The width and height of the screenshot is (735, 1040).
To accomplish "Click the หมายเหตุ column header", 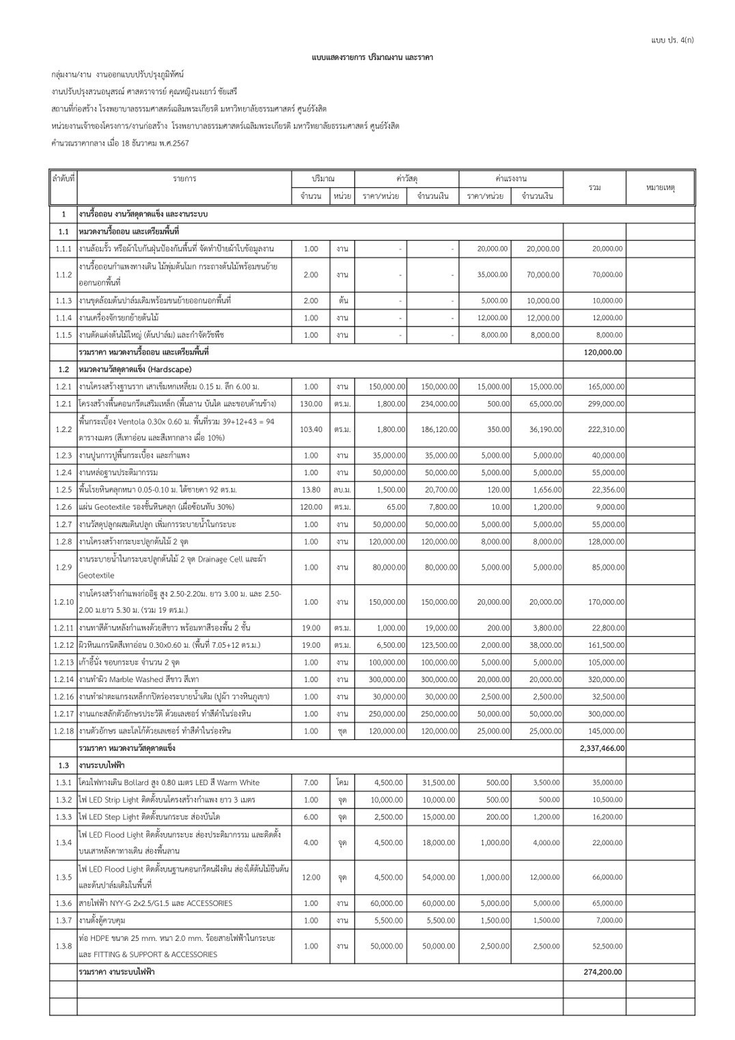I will pyautogui.click(x=660, y=187).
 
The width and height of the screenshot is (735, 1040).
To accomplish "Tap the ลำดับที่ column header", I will pyautogui.click(x=63, y=178).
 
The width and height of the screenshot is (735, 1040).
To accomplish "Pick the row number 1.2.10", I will pyautogui.click(x=63, y=602).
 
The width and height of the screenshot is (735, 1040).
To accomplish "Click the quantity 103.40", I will pyautogui.click(x=311, y=430).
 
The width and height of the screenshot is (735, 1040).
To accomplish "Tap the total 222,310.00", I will pyautogui.click(x=605, y=430).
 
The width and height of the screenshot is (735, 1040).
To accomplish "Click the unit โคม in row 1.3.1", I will pyautogui.click(x=342, y=783).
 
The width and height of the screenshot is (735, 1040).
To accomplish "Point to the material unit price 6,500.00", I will pyautogui.click(x=390, y=645).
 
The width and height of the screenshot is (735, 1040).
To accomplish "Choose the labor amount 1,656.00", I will pyautogui.click(x=545, y=490).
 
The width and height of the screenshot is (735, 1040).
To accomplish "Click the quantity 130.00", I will pyautogui.click(x=311, y=404).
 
